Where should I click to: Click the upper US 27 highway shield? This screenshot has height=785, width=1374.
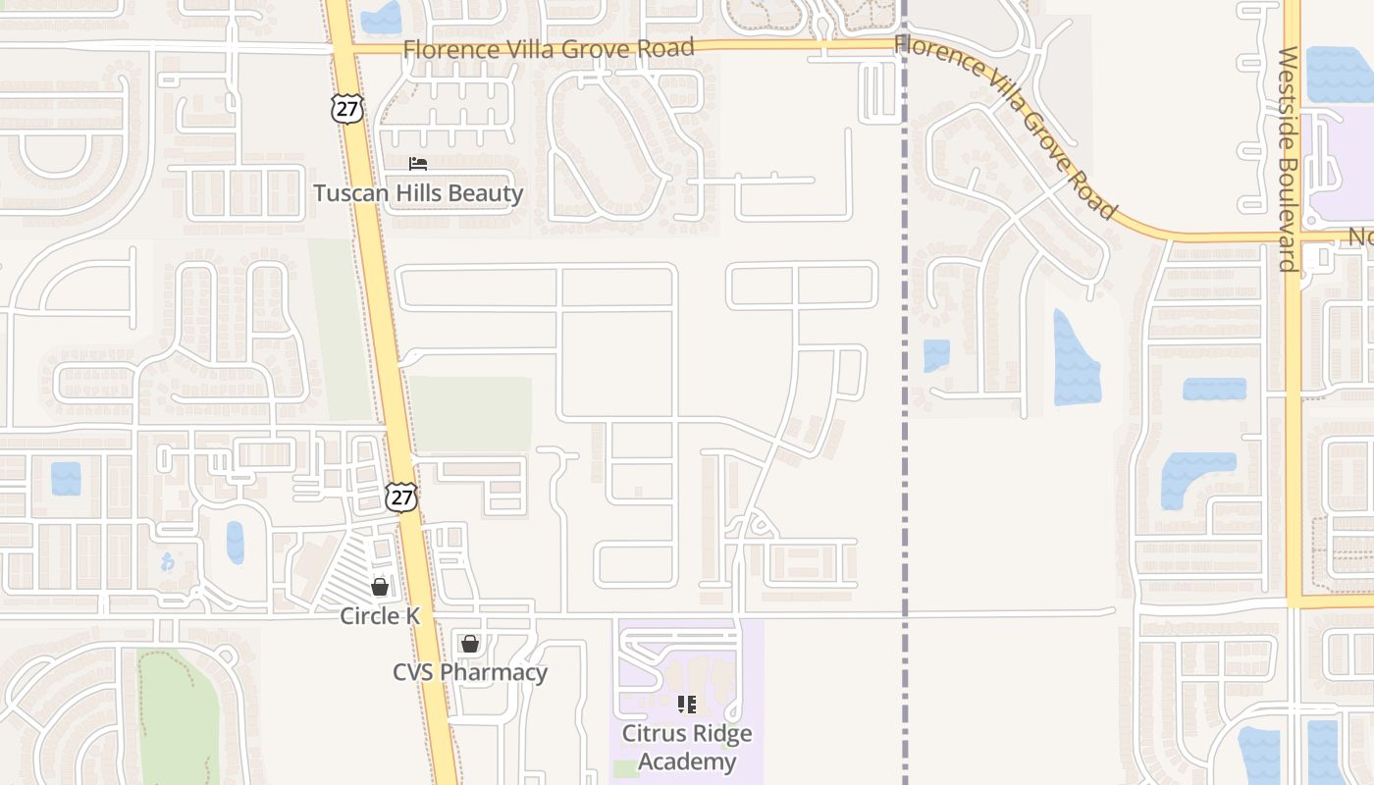click(347, 108)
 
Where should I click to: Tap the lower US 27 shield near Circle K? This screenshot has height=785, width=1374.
click(400, 497)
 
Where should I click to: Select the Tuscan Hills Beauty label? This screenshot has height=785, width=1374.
click(418, 193)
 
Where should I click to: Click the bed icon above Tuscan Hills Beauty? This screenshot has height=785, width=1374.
click(418, 164)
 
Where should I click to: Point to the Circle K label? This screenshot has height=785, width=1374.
click(380, 616)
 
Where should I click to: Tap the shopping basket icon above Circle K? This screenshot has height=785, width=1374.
click(380, 587)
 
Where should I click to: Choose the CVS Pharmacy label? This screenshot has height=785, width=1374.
click(470, 672)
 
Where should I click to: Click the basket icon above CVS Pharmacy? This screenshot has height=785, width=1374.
click(470, 644)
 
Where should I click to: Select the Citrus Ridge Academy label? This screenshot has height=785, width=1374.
click(687, 748)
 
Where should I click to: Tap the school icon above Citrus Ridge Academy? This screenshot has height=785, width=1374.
click(687, 704)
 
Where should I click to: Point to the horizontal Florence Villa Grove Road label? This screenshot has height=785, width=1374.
click(549, 48)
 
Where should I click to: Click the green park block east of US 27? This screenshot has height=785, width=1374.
click(470, 413)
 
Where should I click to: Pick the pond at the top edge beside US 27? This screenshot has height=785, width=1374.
click(381, 17)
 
